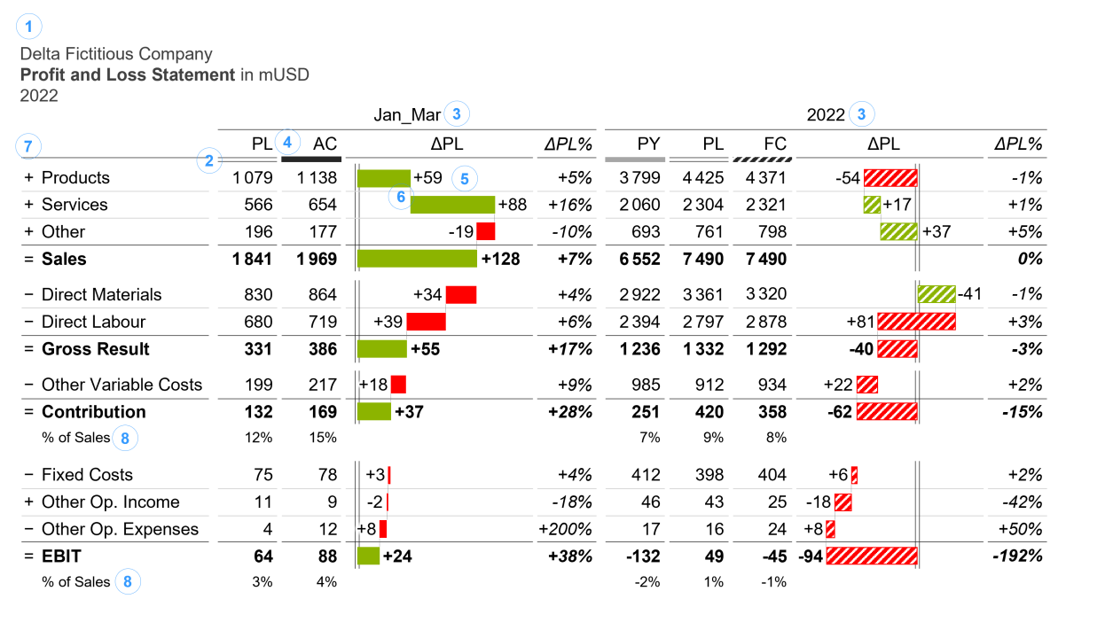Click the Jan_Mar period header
coord(405,114)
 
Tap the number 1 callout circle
coord(29,27)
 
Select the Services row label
coord(74,205)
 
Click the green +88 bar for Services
coord(452,205)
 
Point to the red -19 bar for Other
coord(485,232)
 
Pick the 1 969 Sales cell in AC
coord(317,260)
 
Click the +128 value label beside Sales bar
coord(501,260)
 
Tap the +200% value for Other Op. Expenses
coord(565,530)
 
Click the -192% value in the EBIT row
coord(1015,556)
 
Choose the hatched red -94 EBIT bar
coord(871,556)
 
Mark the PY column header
coord(648,144)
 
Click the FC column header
coord(775,144)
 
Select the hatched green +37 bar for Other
coord(898,232)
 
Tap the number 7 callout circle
coord(30,146)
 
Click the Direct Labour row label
coord(93,322)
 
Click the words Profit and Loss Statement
coord(128,75)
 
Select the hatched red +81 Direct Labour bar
coord(916,322)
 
